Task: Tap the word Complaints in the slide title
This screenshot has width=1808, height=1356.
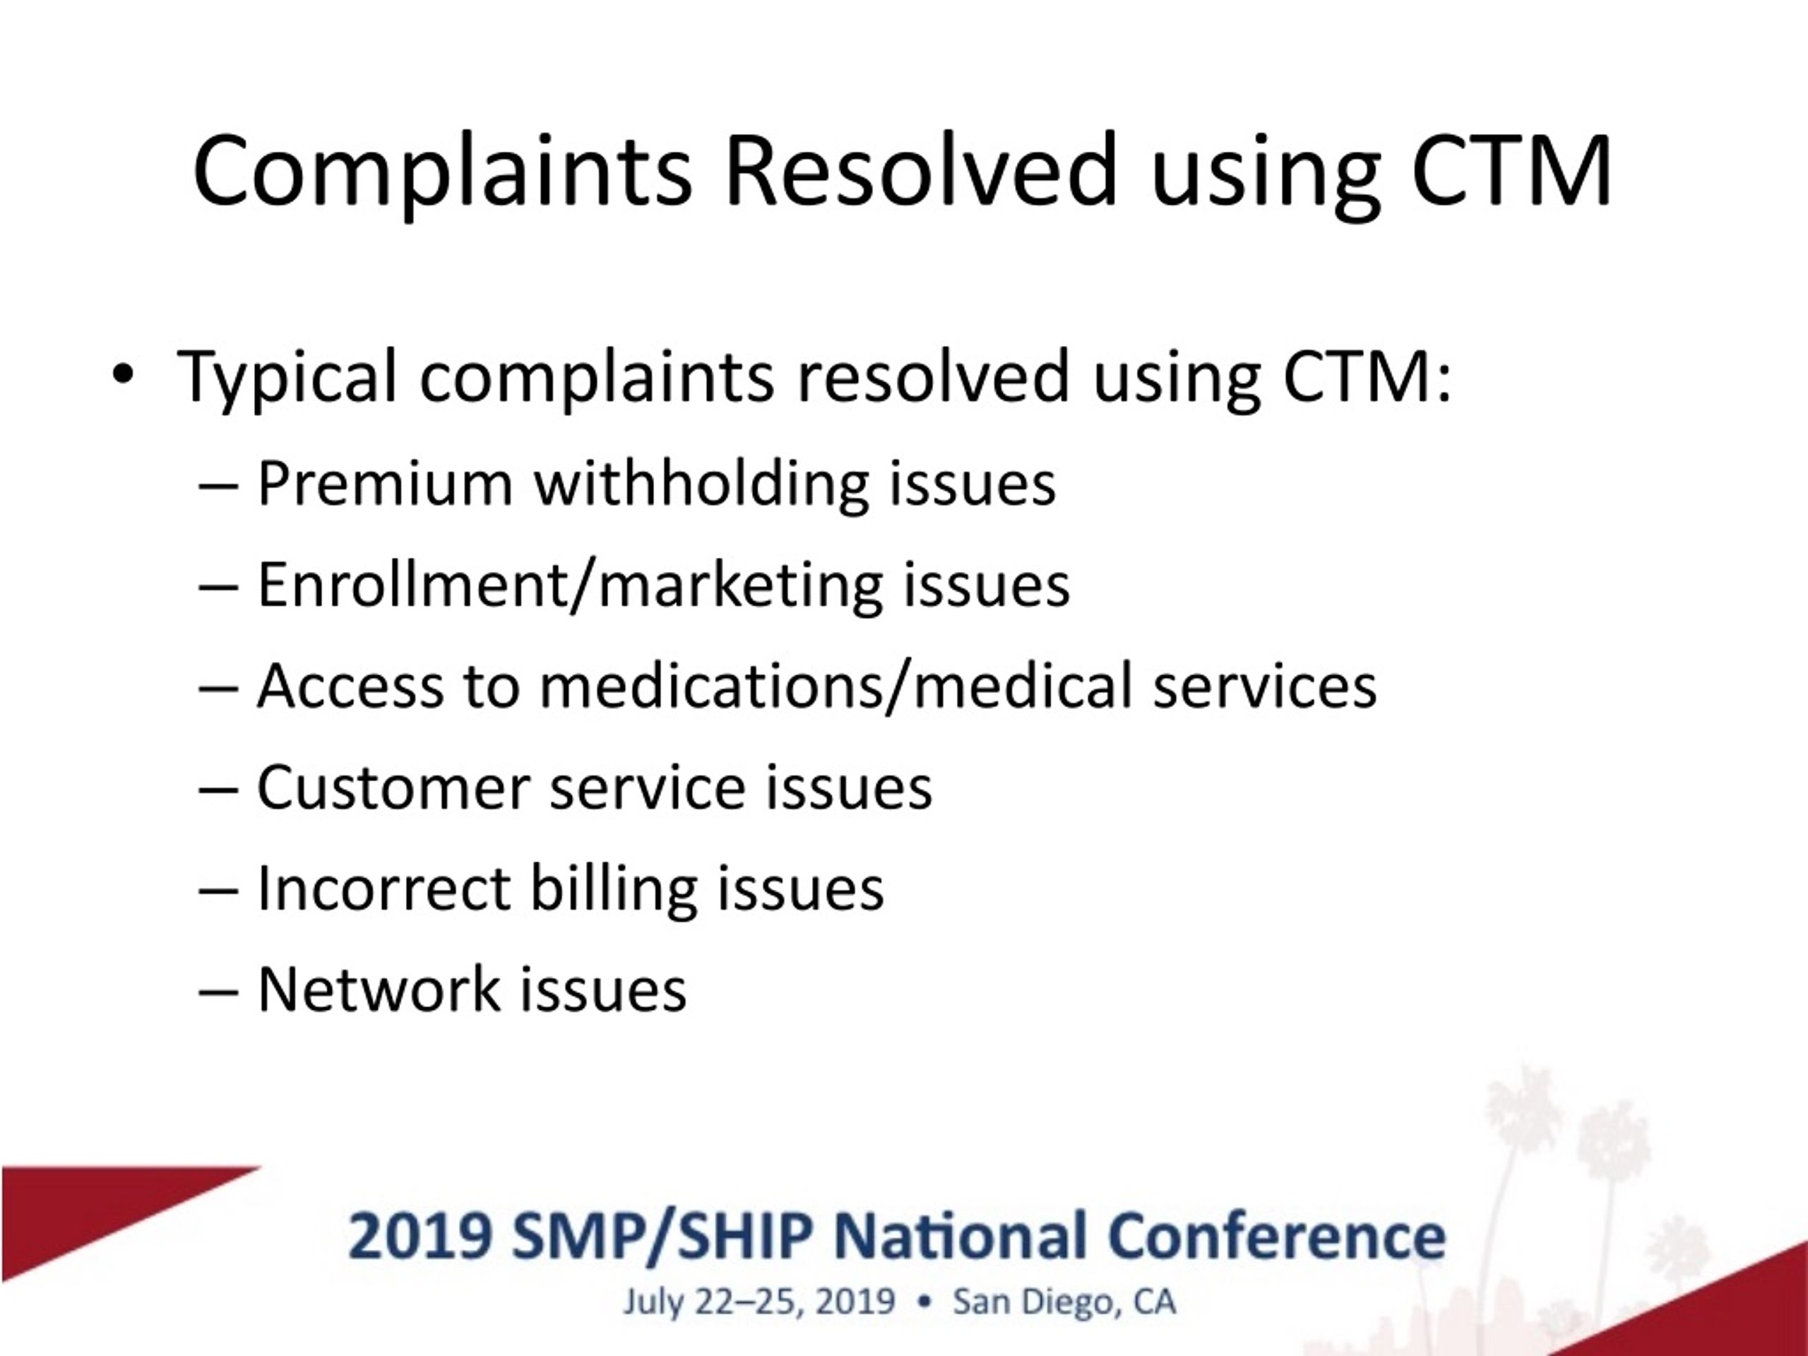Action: (x=442, y=173)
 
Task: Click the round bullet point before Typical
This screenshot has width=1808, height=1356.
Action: (x=123, y=374)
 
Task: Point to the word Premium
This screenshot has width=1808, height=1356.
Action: (x=385, y=484)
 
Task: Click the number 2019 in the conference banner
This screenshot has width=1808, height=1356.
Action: (x=420, y=1237)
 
